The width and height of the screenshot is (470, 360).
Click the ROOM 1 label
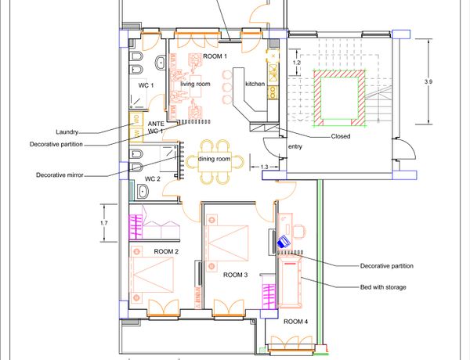(x=215, y=56)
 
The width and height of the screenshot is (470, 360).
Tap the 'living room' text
(x=195, y=85)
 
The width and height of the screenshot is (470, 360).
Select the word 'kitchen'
(x=255, y=84)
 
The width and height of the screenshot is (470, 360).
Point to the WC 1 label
(x=146, y=85)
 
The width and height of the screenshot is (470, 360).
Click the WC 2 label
(x=153, y=179)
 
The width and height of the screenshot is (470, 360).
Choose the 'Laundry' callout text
(x=67, y=132)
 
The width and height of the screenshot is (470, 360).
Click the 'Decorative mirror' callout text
(x=60, y=175)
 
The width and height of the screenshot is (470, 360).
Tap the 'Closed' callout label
(x=341, y=136)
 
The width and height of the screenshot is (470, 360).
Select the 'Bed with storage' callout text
(x=383, y=287)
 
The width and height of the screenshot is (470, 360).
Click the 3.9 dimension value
(x=428, y=81)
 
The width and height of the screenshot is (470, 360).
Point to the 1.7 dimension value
(x=104, y=223)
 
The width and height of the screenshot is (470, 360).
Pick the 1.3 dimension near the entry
(x=265, y=167)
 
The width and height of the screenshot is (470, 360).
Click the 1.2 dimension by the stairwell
(x=296, y=63)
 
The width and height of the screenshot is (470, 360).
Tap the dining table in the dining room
(x=215, y=162)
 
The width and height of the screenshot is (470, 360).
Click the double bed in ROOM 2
(x=152, y=275)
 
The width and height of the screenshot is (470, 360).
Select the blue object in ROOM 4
(x=284, y=241)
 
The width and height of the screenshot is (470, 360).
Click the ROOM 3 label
(x=235, y=275)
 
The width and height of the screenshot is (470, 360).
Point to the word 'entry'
(x=295, y=147)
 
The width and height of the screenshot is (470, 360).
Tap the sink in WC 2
(x=143, y=191)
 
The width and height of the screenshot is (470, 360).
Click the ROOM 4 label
(x=295, y=322)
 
